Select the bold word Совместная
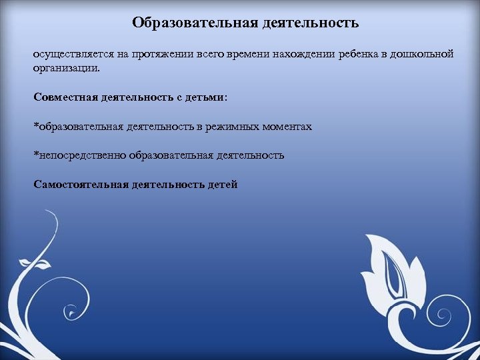pyautogui.click(x=65, y=97)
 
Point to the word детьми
pyautogui.click(x=206, y=97)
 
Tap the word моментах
pyautogui.click(x=289, y=127)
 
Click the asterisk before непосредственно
pyautogui.click(x=36, y=154)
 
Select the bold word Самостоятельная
pyautogui.click(x=80, y=185)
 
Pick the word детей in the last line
pyautogui.click(x=223, y=185)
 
